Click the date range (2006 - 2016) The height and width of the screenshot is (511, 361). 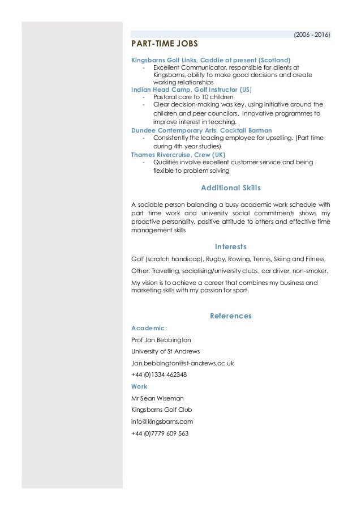[x=312, y=35]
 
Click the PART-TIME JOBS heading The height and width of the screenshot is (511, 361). [x=165, y=44]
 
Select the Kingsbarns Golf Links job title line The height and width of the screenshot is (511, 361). [x=210, y=59]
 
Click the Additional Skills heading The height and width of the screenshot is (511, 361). [x=231, y=188]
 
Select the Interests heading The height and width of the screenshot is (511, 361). [x=231, y=246]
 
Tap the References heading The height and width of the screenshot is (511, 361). [x=231, y=316]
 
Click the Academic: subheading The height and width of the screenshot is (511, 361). [x=149, y=327]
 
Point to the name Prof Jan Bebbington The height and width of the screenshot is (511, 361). [x=161, y=340]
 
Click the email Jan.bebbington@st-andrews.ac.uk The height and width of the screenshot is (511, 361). [x=182, y=363]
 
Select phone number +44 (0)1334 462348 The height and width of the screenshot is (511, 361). [x=159, y=374]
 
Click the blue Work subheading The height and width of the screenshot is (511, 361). [x=139, y=386]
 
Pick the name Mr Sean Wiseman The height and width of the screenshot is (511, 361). [x=158, y=398]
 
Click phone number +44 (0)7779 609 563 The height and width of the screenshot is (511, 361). [x=160, y=433]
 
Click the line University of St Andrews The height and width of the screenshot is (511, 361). [x=161, y=351]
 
